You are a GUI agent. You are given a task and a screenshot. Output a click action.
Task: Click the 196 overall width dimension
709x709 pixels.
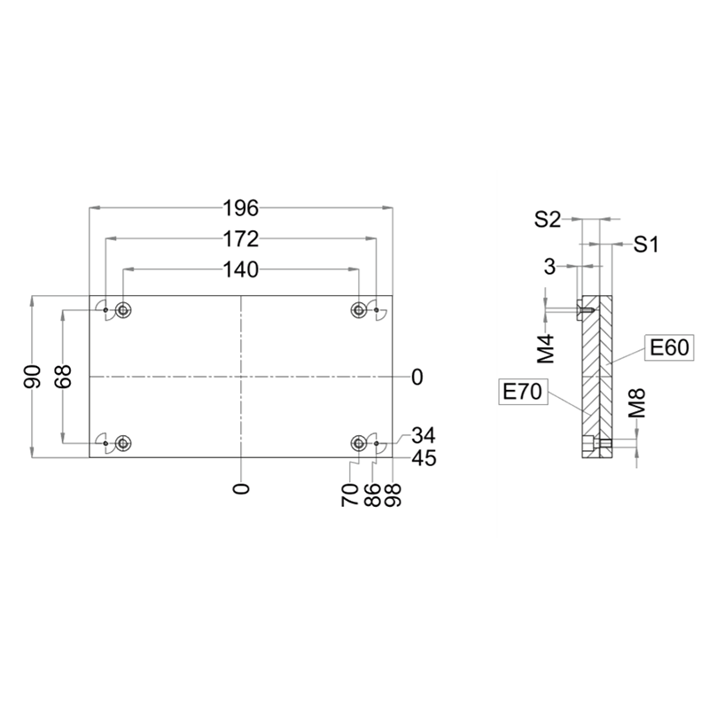(241, 208)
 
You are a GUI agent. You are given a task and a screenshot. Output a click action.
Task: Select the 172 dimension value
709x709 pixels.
(241, 238)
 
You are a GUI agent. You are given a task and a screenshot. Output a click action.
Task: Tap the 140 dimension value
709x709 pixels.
(241, 269)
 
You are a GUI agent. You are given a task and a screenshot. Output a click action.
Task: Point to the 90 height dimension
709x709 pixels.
(33, 377)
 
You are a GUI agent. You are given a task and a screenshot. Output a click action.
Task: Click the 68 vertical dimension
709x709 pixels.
(63, 377)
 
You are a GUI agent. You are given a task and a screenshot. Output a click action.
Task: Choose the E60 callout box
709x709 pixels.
(669, 347)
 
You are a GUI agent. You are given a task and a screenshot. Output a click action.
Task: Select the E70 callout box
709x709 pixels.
(522, 392)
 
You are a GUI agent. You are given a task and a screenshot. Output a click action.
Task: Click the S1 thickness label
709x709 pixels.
(646, 245)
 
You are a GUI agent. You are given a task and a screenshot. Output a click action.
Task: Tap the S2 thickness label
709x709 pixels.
(547, 220)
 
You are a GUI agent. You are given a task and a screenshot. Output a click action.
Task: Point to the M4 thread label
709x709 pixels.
(546, 349)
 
